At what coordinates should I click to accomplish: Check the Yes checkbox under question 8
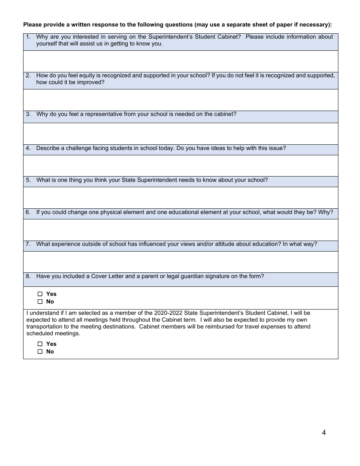click(40, 294)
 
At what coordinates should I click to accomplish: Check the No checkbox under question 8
click(40, 302)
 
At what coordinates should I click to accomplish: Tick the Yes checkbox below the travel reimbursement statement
click(40, 344)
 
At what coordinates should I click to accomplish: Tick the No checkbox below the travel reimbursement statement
click(40, 352)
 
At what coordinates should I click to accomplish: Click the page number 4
click(324, 433)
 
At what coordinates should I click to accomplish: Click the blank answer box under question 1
click(180, 61)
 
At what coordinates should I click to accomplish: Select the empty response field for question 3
click(180, 133)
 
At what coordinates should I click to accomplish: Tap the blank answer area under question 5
click(180, 197)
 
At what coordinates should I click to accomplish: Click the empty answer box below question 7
click(180, 262)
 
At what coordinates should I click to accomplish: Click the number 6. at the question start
click(28, 212)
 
